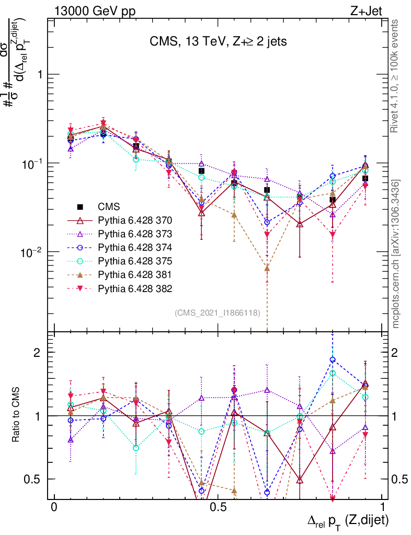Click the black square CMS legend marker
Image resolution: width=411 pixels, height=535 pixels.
click(x=81, y=207)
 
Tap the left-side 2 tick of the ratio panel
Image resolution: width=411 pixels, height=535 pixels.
click(x=37, y=353)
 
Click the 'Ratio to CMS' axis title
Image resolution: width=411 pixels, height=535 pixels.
click(x=16, y=415)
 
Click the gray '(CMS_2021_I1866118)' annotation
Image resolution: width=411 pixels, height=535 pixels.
click(x=221, y=313)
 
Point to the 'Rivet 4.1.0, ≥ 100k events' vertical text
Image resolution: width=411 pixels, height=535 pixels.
click(x=396, y=77)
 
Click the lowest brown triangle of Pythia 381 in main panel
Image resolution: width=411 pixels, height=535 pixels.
click(x=267, y=269)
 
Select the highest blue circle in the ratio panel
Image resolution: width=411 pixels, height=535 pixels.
click(x=333, y=359)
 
